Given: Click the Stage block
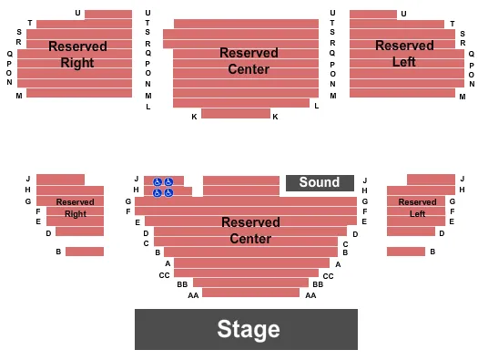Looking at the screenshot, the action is click(246, 329).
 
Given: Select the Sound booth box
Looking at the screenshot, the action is click(320, 182).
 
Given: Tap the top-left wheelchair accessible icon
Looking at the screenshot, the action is click(158, 182).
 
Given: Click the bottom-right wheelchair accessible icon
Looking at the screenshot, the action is click(168, 192).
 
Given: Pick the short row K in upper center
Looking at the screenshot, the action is click(236, 114).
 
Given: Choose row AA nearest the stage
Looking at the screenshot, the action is click(250, 293).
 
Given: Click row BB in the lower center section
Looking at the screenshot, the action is click(250, 283).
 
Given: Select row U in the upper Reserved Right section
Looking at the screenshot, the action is click(107, 14).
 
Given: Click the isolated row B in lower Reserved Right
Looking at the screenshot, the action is click(85, 252).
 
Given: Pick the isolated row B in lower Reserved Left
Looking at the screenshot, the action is click(405, 252).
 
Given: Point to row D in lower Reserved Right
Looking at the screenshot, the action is click(79, 231).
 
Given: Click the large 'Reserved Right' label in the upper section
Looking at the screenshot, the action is click(77, 54).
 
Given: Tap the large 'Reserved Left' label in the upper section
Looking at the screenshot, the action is click(403, 54).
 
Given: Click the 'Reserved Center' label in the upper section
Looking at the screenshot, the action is click(249, 61).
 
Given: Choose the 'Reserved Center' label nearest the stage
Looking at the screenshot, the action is click(250, 230).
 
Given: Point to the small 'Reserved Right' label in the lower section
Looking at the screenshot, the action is click(75, 207).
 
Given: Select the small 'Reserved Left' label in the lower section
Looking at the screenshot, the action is click(417, 207).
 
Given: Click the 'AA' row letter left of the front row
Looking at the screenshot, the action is click(193, 295).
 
